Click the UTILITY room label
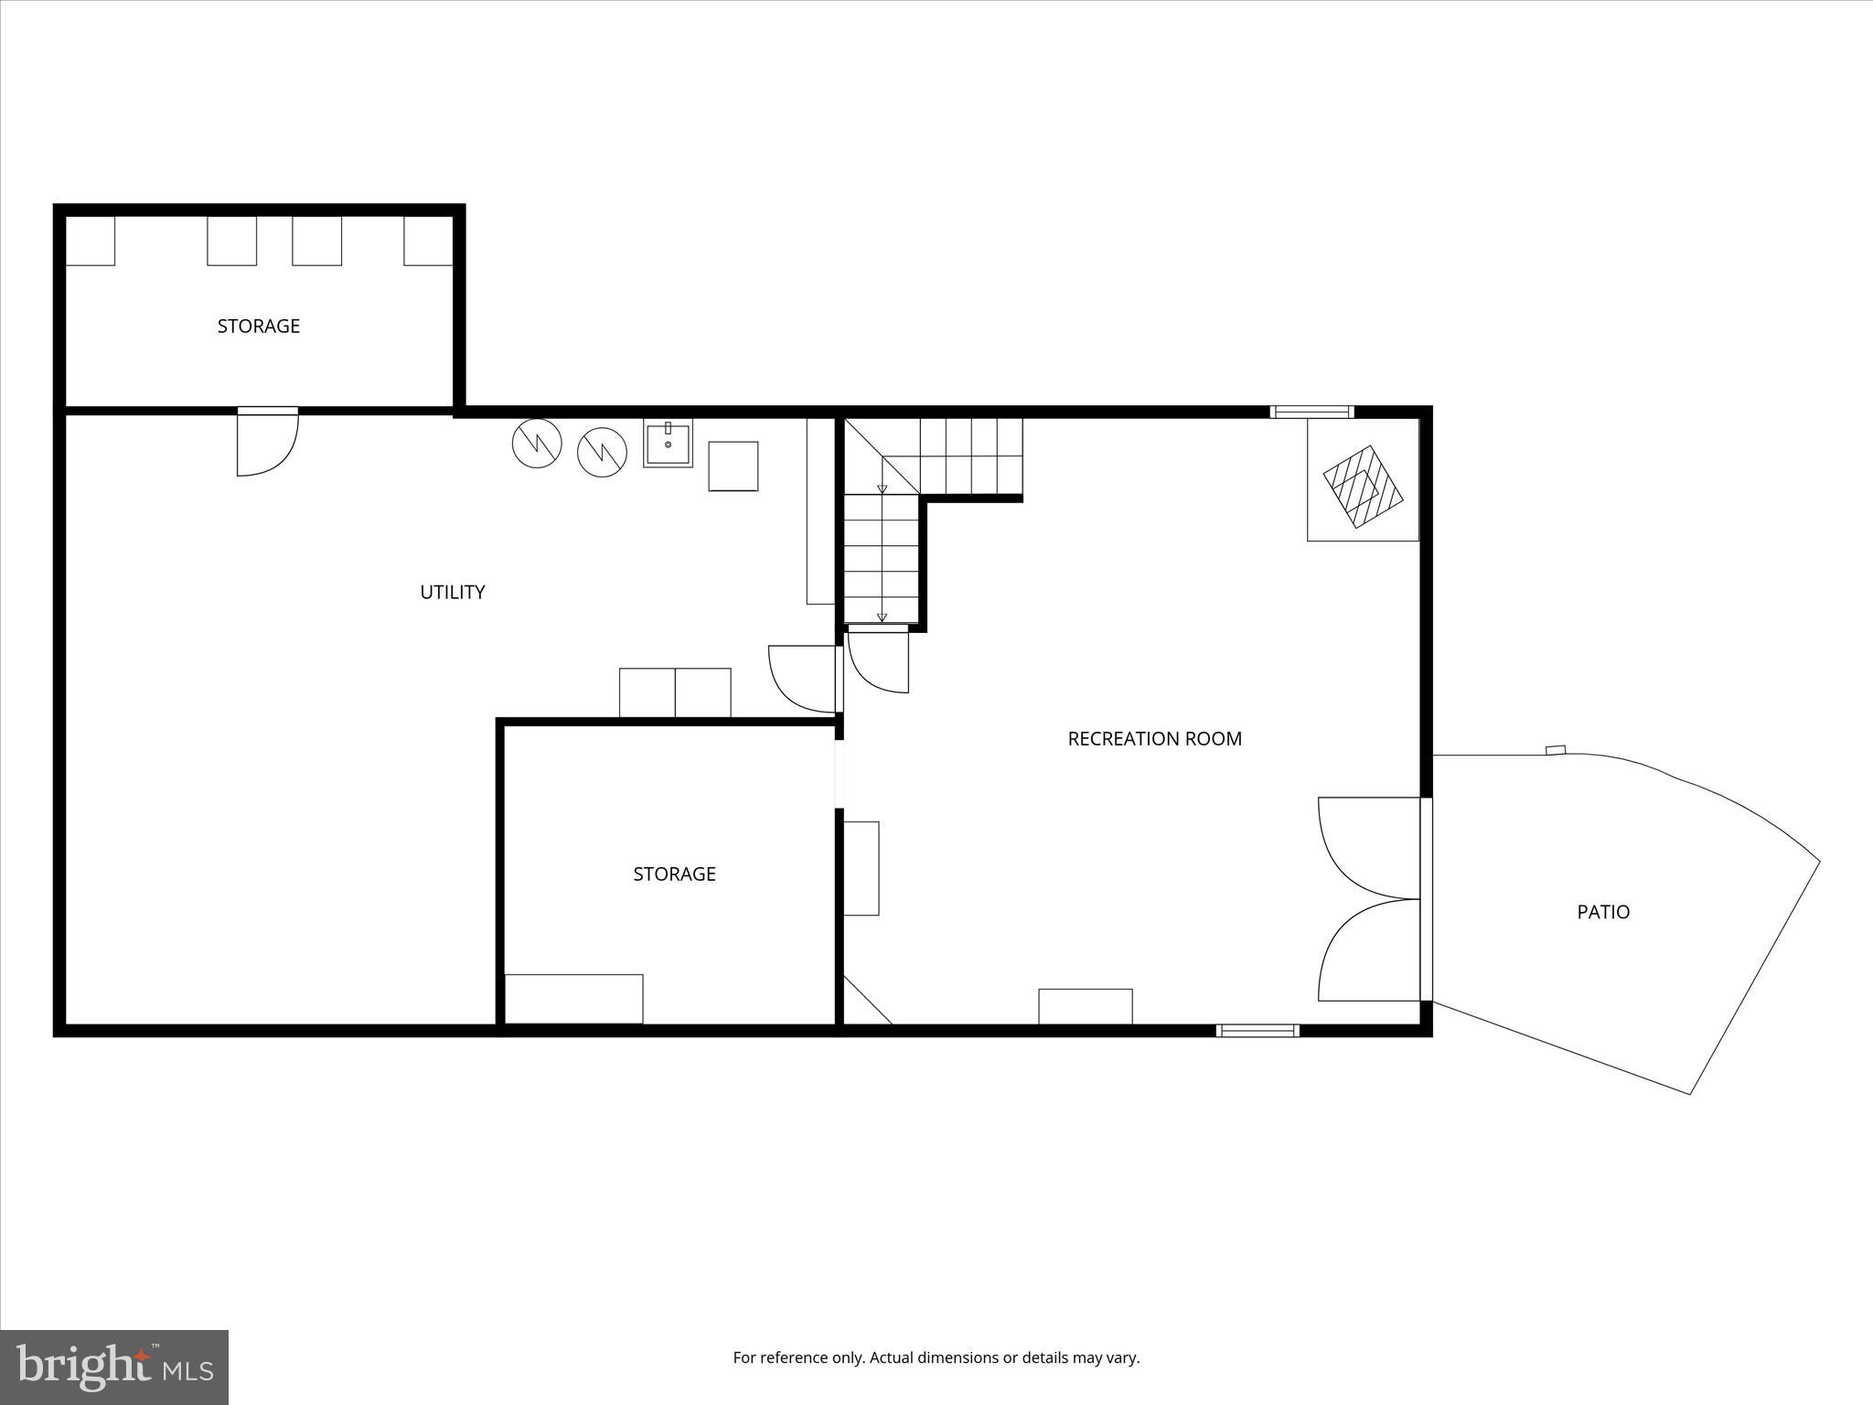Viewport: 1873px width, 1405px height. click(452, 592)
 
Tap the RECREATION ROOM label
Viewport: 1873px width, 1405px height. click(1154, 738)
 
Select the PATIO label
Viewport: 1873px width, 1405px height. click(1603, 912)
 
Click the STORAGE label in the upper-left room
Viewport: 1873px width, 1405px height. click(258, 326)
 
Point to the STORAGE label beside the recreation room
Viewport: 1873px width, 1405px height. click(674, 874)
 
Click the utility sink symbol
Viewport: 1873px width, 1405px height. click(668, 444)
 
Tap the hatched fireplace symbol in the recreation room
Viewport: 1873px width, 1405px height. click(1363, 487)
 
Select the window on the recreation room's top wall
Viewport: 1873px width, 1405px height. click(1311, 412)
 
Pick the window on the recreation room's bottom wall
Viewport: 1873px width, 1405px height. click(1258, 1031)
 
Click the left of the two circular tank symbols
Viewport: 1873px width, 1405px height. click(537, 444)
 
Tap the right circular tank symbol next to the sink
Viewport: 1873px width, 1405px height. click(603, 452)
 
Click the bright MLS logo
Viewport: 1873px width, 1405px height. click(114, 1367)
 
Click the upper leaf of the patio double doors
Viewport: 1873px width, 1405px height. click(1369, 847)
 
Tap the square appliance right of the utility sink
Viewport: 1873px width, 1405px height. click(733, 467)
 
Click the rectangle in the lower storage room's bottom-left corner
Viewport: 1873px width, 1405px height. click(573, 999)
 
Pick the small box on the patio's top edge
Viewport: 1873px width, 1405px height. click(1556, 750)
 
